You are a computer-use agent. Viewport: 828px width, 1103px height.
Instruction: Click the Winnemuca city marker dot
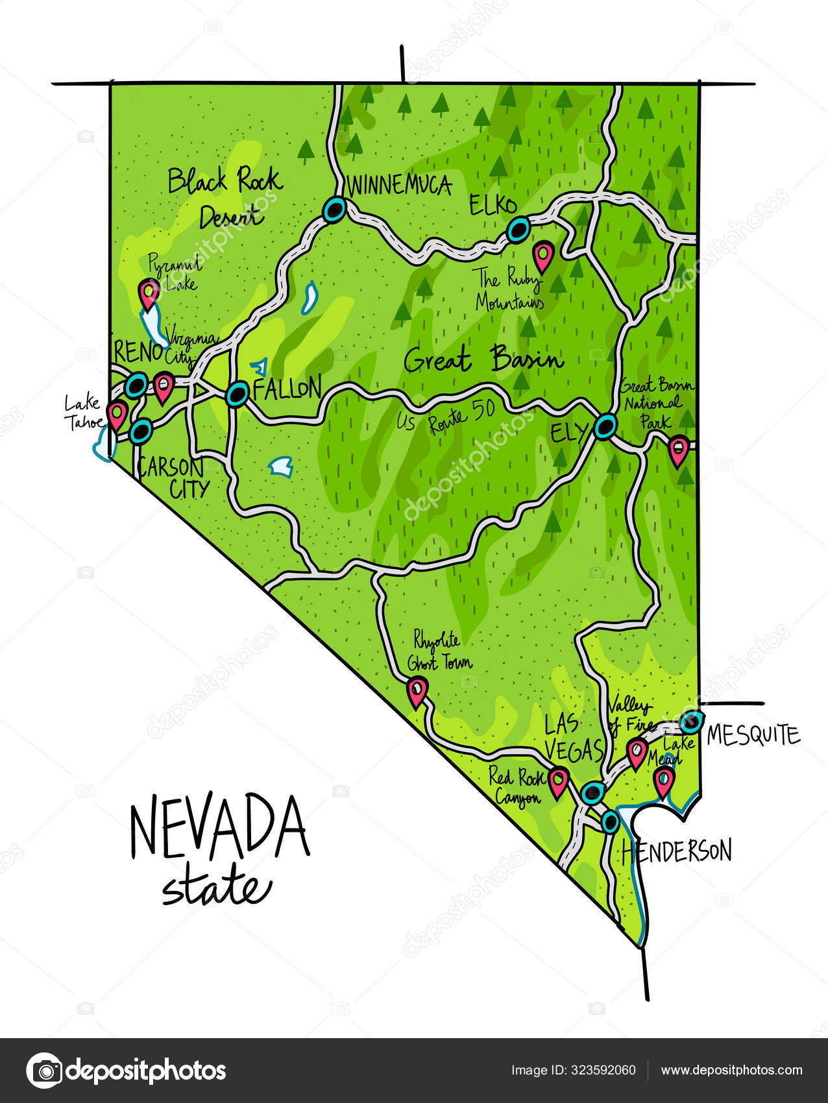tap(334, 210)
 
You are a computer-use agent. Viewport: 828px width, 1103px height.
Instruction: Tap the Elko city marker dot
tap(518, 230)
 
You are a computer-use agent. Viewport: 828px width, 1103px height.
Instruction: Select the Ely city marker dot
tap(605, 427)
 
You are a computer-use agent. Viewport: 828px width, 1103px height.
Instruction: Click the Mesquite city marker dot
tap(691, 721)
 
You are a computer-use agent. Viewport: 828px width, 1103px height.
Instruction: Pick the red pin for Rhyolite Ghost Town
tap(417, 690)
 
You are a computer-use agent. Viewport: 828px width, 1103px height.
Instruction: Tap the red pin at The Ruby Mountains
tap(543, 256)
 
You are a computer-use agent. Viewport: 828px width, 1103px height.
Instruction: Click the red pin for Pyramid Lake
tap(149, 293)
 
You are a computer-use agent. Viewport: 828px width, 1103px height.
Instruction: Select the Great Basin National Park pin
tap(678, 451)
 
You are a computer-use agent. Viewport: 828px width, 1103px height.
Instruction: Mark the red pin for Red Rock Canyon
tap(558, 781)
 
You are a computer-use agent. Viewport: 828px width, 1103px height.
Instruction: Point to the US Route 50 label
tap(446, 417)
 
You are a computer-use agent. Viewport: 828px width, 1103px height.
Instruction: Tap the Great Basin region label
tap(483, 359)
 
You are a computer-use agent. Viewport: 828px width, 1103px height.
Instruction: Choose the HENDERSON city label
tap(677, 851)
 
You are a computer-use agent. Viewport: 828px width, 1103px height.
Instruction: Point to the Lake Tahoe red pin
tap(117, 414)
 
